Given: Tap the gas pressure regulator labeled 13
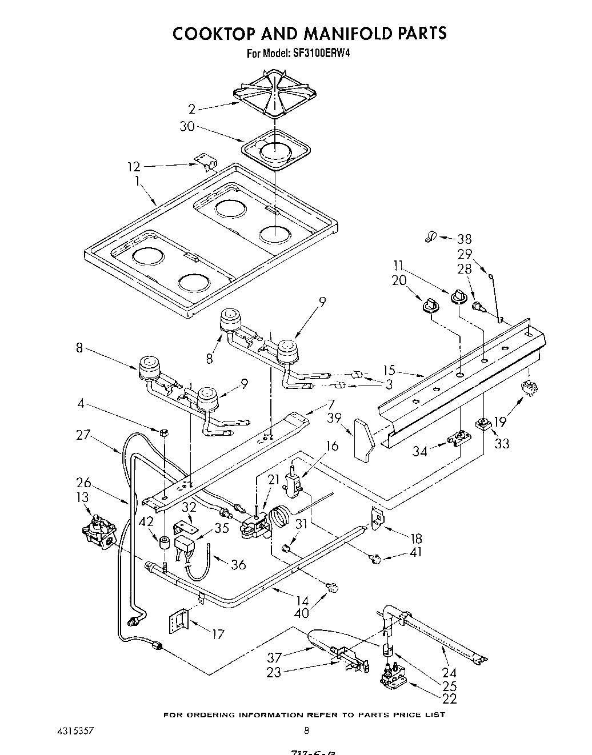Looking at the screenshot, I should tap(99, 531).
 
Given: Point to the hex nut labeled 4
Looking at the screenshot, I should tap(165, 432).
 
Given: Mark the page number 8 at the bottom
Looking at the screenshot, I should tap(307, 730).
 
